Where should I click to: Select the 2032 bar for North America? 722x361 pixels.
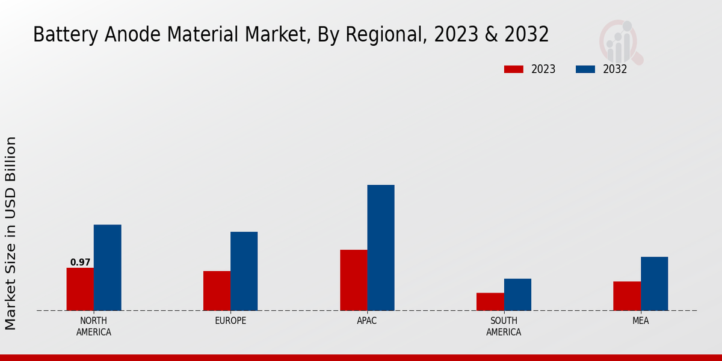pyautogui.click(x=107, y=268)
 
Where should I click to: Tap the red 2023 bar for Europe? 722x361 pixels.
pyautogui.click(x=217, y=291)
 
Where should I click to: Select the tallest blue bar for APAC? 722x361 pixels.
pyautogui.click(x=381, y=247)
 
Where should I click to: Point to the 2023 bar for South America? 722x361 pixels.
pyautogui.click(x=490, y=301)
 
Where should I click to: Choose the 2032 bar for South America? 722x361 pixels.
pyautogui.click(x=517, y=294)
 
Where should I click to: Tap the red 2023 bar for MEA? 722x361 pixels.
pyautogui.click(x=627, y=296)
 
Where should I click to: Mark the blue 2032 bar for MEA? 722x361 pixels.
pyautogui.click(x=654, y=283)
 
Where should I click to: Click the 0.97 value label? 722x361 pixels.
pyautogui.click(x=80, y=262)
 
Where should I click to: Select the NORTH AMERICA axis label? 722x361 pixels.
pyautogui.click(x=94, y=326)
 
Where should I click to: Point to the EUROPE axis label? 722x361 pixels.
pyautogui.click(x=230, y=321)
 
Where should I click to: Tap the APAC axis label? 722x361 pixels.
pyautogui.click(x=367, y=321)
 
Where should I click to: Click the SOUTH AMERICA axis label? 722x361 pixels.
pyautogui.click(x=504, y=326)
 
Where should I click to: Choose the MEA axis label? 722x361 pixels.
pyautogui.click(x=640, y=321)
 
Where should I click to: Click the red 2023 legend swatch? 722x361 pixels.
pyautogui.click(x=514, y=69)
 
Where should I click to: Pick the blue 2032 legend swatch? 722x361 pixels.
pyautogui.click(x=585, y=69)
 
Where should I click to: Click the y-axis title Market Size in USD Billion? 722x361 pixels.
pyautogui.click(x=11, y=233)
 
